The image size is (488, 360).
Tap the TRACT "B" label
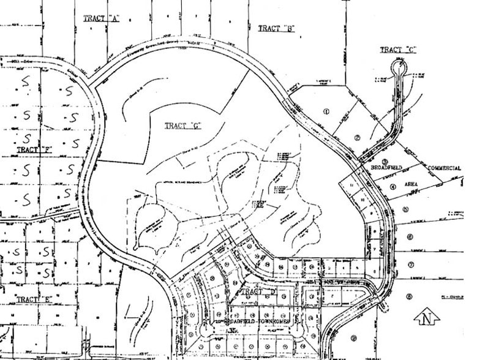pos(277,28)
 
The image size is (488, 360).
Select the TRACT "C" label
pos(398,50)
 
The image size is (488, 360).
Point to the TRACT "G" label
pos(183,126)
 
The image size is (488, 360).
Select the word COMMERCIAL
pos(444,168)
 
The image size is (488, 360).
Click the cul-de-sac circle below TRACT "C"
pos(400,62)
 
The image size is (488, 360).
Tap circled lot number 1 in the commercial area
pos(326,111)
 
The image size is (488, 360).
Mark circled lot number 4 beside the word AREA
pos(392,188)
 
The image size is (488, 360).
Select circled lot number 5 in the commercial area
pos(405,209)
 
